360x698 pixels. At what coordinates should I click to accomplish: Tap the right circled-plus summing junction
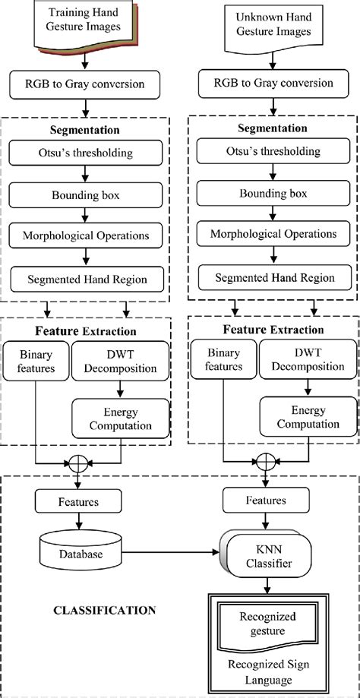(x=264, y=461)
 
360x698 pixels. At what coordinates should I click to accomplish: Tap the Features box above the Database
(x=77, y=502)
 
